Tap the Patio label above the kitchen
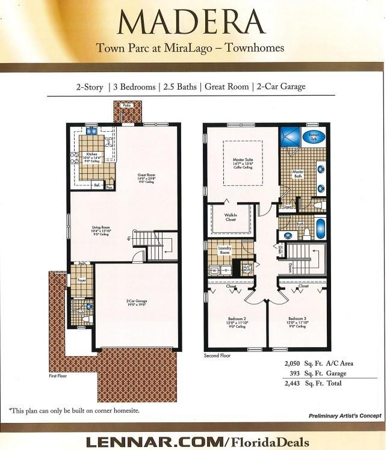click(126, 105)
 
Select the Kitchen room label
click(91, 154)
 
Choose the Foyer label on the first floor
click(81, 279)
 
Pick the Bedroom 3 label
click(298, 318)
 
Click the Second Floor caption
click(217, 356)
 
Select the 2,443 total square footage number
click(296, 383)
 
